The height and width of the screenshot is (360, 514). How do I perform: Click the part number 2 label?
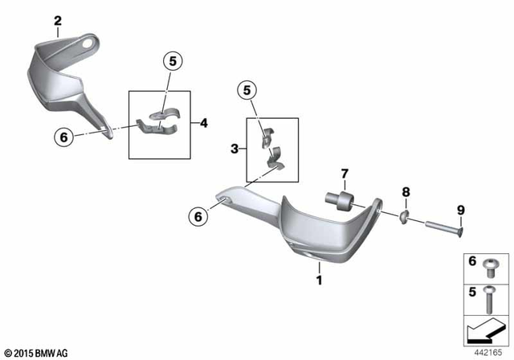(x=57, y=20)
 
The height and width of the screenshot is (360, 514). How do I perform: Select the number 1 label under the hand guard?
(x=319, y=280)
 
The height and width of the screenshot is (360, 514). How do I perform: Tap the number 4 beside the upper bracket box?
(x=204, y=123)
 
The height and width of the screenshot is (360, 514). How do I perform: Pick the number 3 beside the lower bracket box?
(x=235, y=148)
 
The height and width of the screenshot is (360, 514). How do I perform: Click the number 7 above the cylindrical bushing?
(x=344, y=174)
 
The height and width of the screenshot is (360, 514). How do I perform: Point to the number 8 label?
(x=406, y=193)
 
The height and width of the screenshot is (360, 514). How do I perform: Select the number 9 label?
(x=461, y=211)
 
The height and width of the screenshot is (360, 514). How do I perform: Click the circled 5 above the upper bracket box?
(x=173, y=59)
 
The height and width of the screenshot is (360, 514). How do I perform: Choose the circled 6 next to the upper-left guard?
(x=63, y=137)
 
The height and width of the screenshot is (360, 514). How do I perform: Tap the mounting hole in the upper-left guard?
(x=84, y=41)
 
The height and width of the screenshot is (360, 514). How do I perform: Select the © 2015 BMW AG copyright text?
(x=36, y=352)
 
